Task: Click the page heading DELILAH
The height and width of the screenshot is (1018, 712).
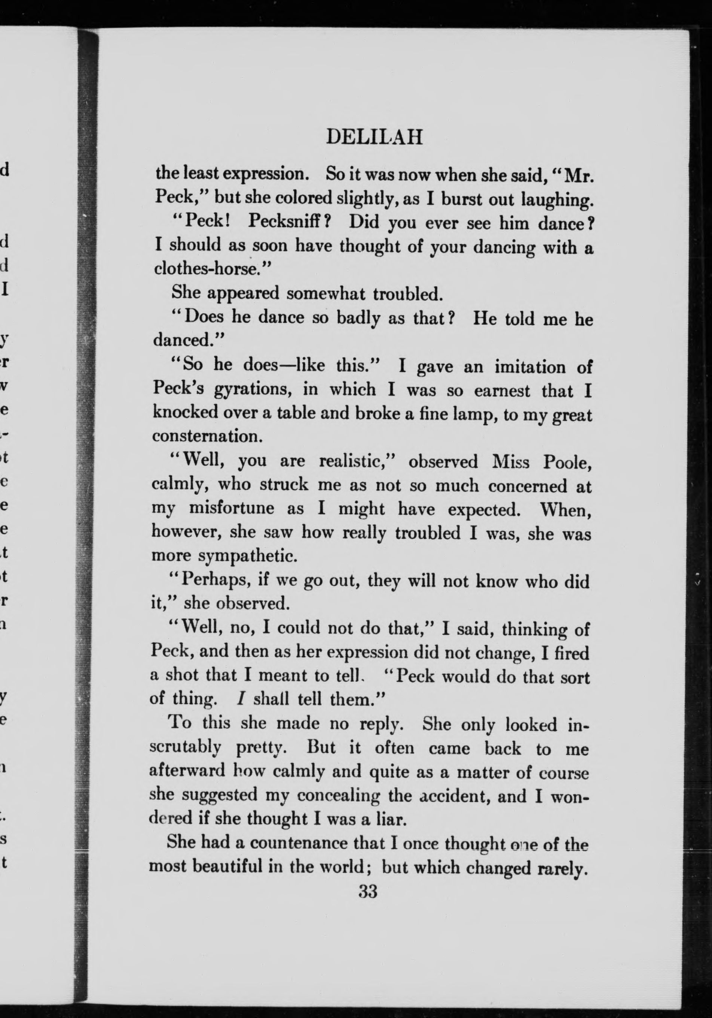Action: (x=374, y=137)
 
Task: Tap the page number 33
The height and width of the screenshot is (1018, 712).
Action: (x=368, y=891)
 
